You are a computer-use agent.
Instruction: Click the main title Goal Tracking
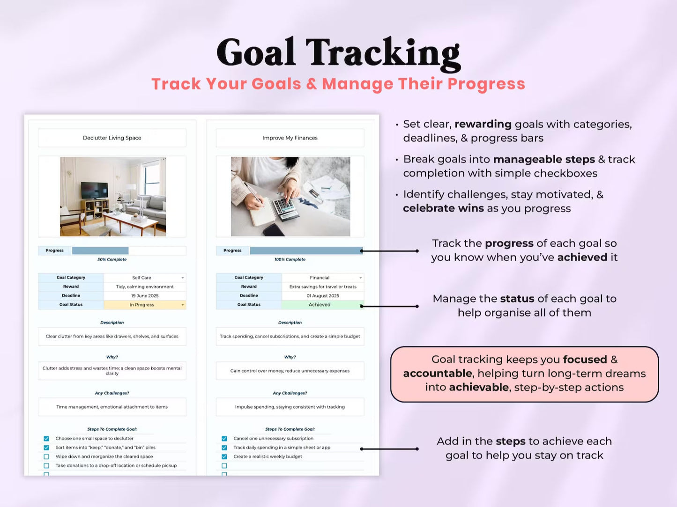tap(338, 52)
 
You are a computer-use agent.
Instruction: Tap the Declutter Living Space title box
tap(112, 138)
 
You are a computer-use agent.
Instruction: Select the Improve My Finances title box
tap(290, 138)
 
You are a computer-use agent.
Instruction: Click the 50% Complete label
tap(112, 259)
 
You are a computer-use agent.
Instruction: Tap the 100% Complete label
tap(290, 259)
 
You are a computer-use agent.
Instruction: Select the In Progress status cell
tap(144, 305)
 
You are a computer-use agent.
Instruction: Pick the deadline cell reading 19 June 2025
tap(144, 296)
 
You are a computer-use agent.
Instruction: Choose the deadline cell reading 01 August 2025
tap(322, 296)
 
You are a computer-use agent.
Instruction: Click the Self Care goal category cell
tap(144, 278)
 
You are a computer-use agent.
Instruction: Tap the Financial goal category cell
tap(322, 278)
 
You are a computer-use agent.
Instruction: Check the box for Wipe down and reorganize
tap(46, 457)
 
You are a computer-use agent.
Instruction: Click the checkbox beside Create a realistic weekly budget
tap(224, 457)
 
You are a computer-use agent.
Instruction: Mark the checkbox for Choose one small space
tap(46, 439)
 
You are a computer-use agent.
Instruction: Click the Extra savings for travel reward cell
tap(322, 287)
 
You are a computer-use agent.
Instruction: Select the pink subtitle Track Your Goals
tap(338, 84)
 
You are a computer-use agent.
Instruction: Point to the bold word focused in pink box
tap(585, 360)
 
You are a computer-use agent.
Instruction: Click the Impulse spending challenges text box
tap(290, 407)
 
